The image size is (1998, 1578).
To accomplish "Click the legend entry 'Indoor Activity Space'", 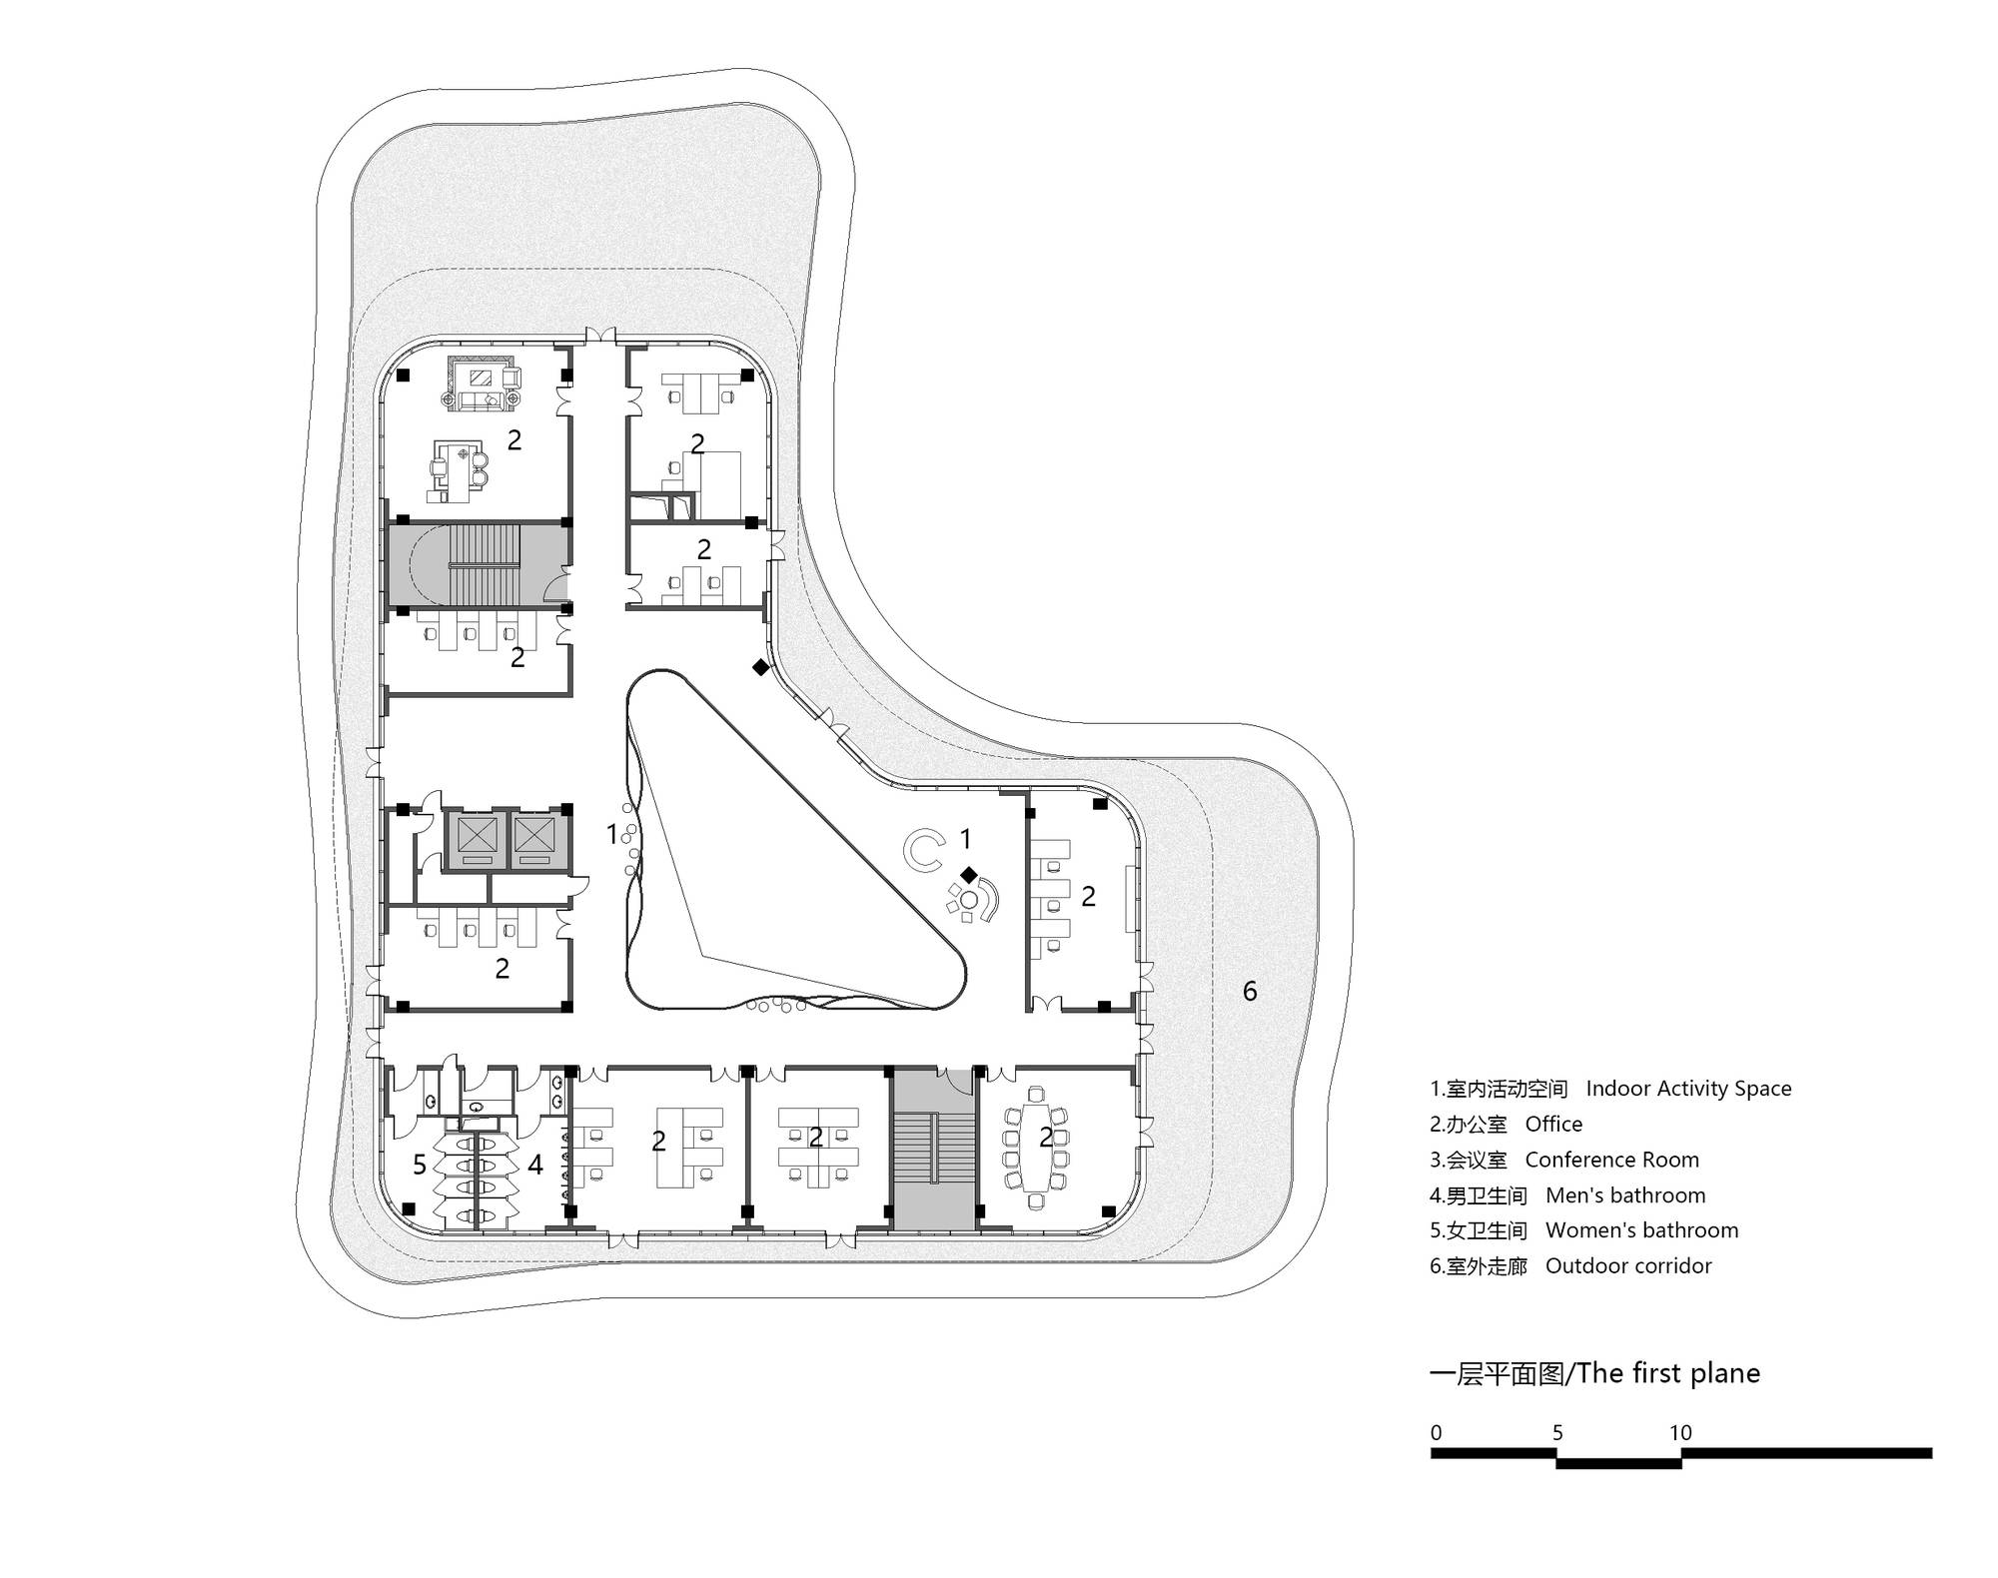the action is tap(1688, 1089).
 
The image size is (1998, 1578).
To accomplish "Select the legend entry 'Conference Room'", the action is tap(1611, 1160).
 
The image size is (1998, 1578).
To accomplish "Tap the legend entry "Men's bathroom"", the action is tap(1625, 1195).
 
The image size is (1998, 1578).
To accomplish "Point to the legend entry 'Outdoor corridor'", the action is tap(1628, 1266).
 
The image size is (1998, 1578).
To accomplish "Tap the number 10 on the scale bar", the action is tap(1680, 1433).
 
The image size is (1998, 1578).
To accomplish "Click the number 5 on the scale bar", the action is tap(1557, 1433).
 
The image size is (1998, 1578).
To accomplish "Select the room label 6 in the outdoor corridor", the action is tap(1250, 991).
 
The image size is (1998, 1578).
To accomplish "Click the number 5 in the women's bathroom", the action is tap(420, 1165).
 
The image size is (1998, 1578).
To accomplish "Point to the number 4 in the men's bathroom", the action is tap(535, 1165).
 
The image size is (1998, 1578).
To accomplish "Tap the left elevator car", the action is tap(476, 837).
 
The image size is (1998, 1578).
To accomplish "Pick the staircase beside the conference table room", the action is tap(933, 1149).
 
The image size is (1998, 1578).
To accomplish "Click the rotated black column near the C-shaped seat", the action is tap(968, 875).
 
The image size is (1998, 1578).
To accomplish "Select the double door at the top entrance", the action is tap(600, 337).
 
